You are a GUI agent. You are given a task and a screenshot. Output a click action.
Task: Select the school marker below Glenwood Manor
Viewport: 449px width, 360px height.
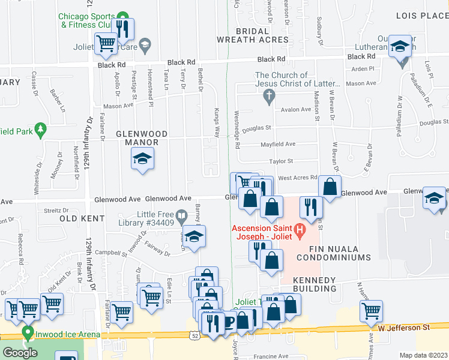pyautogui.click(x=142, y=159)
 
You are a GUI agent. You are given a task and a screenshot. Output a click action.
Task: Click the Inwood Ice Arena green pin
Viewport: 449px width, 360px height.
pyautogui.click(x=27, y=332)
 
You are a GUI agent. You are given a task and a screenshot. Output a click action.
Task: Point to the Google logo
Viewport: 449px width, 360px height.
pyautogui.click(x=20, y=353)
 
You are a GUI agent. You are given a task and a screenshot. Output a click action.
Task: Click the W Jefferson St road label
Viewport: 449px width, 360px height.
pyautogui.click(x=404, y=328)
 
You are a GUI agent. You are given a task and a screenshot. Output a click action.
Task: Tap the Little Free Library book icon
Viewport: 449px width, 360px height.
pyautogui.click(x=181, y=214)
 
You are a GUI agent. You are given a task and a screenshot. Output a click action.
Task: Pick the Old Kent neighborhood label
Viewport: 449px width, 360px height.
pyautogui.click(x=78, y=219)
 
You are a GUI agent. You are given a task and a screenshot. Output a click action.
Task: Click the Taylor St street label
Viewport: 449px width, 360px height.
pyautogui.click(x=280, y=161)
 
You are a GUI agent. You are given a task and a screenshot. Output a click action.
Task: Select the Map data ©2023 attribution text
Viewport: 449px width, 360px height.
pyautogui.click(x=424, y=355)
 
